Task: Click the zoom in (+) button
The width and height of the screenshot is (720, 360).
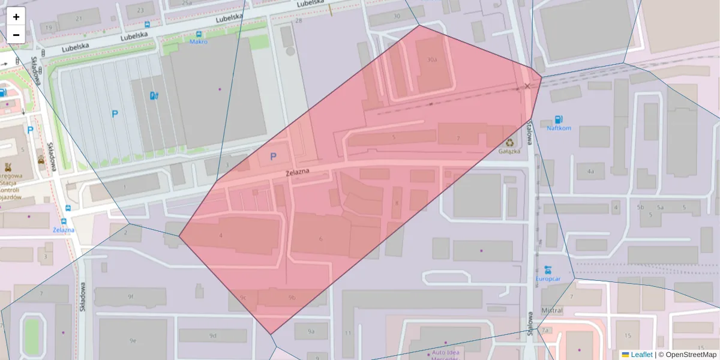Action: pyautogui.click(x=16, y=17)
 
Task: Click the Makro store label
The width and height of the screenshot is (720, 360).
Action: pyautogui.click(x=199, y=42)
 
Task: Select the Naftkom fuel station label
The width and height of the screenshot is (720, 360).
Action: pyautogui.click(x=559, y=128)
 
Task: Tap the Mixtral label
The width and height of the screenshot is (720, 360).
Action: pyautogui.click(x=552, y=310)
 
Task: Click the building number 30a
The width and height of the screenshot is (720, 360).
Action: pyautogui.click(x=432, y=60)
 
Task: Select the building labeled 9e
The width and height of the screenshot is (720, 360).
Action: pyautogui.click(x=133, y=341)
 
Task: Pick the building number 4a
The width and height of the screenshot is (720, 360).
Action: pyautogui.click(x=591, y=172)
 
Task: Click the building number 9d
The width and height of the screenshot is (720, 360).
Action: pyautogui.click(x=213, y=335)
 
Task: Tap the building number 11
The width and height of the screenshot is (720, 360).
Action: pyautogui.click(x=347, y=332)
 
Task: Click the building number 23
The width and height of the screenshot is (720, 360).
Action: pyautogui.click(x=140, y=10)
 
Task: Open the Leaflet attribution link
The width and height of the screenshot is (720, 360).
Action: pyautogui.click(x=641, y=355)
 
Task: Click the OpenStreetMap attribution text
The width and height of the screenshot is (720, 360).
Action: pyautogui.click(x=691, y=355)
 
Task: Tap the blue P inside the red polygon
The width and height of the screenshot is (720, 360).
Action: pyautogui.click(x=274, y=157)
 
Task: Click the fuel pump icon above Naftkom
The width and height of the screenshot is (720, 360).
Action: pyautogui.click(x=559, y=119)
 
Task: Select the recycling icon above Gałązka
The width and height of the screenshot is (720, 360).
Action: pyautogui.click(x=510, y=143)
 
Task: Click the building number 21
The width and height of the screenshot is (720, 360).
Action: pyautogui.click(x=79, y=19)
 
